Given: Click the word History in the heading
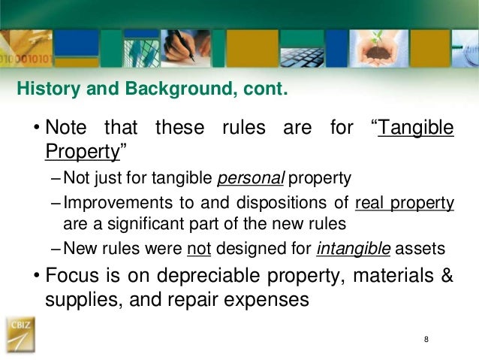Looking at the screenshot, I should pos(43,91).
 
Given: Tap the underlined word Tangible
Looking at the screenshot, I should pos(416,128).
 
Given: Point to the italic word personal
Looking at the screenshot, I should pos(241,179).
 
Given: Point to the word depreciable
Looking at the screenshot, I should pos(186,276).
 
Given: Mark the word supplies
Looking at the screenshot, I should pos(77,299).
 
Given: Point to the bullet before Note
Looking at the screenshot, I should pos(35,129).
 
